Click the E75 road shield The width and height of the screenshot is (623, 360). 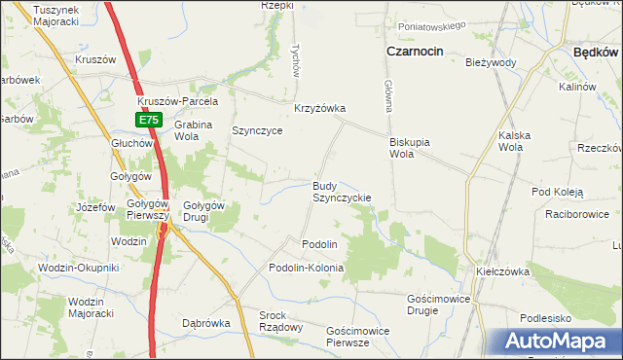(147, 120)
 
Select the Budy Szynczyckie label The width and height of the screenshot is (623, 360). (340, 191)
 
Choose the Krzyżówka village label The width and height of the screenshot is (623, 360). (320, 109)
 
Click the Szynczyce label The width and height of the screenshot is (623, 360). (257, 130)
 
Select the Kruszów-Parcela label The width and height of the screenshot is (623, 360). (178, 101)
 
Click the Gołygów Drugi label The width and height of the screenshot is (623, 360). (204, 210)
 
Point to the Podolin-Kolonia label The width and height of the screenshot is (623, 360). (307, 267)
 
